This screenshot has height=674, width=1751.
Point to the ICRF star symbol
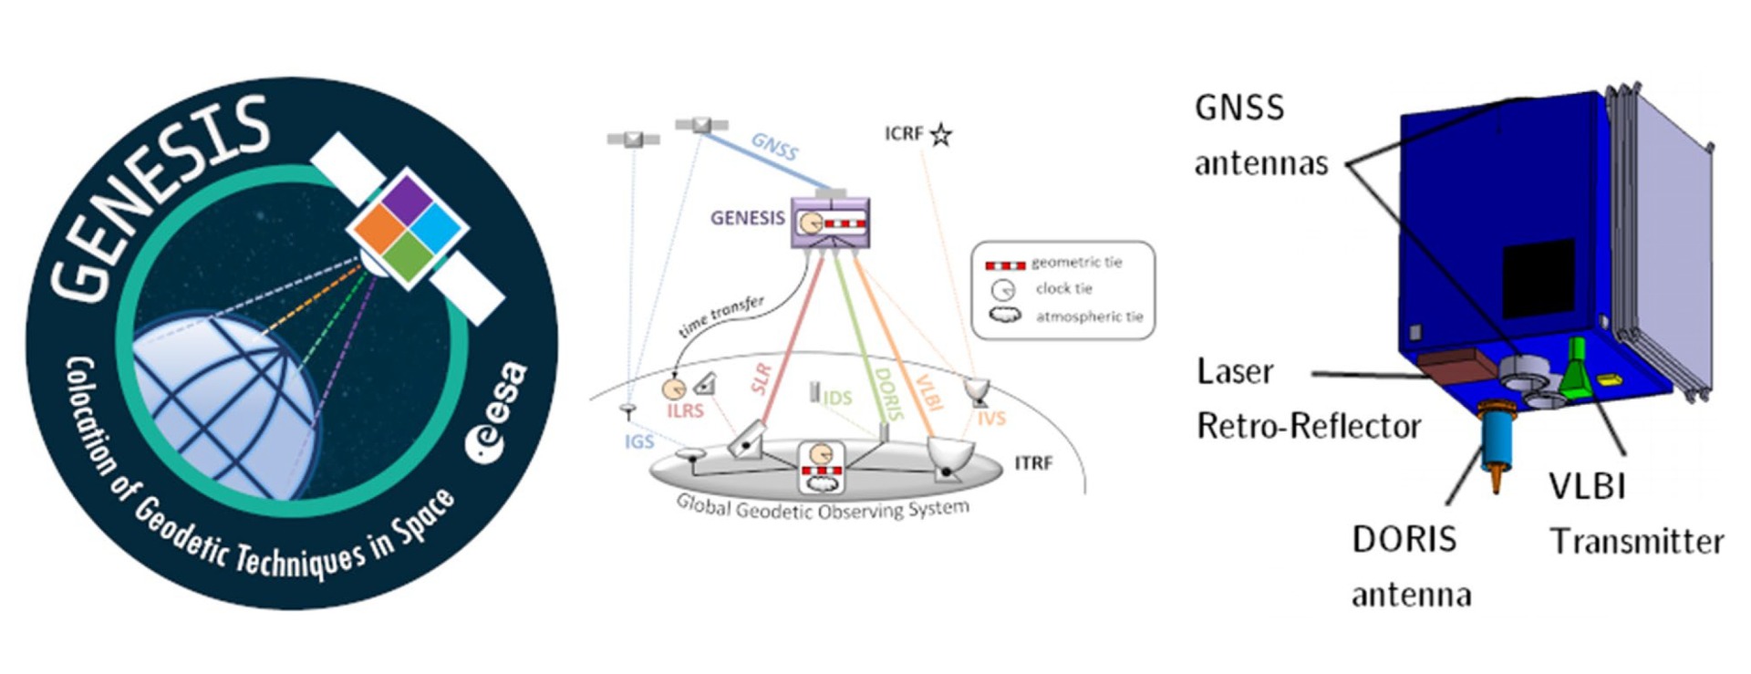941,136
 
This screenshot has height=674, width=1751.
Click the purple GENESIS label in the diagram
747,218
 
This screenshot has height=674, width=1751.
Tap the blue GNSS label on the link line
774,146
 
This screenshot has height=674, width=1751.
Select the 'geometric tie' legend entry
1076,263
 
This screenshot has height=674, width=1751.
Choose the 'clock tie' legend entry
1063,289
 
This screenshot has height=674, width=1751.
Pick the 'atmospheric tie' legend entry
1088,316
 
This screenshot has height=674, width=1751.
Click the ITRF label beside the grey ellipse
1033,463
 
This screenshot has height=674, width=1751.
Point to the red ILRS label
685,411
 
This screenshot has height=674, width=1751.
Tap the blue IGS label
639,441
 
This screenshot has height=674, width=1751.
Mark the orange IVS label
991,419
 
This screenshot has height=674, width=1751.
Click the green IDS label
837,398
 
